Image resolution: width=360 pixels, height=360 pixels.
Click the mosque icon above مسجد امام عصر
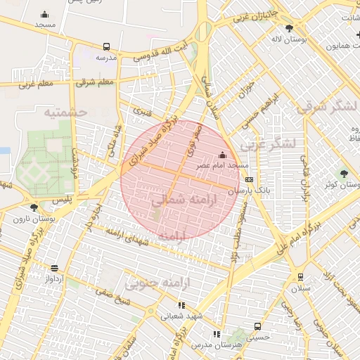223,155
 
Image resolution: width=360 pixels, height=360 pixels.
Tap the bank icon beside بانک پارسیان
249,180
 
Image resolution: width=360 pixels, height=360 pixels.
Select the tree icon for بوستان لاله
289,28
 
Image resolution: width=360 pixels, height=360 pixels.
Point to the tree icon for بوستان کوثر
344,173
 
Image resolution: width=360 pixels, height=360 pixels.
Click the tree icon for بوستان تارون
34,207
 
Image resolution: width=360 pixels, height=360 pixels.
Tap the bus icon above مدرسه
106,46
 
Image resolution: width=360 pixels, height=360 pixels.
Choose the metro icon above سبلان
300,276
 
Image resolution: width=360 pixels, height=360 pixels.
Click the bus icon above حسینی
257,326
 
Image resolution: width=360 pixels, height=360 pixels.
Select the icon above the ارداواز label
54,268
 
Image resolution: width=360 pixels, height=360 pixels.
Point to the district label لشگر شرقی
327,108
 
